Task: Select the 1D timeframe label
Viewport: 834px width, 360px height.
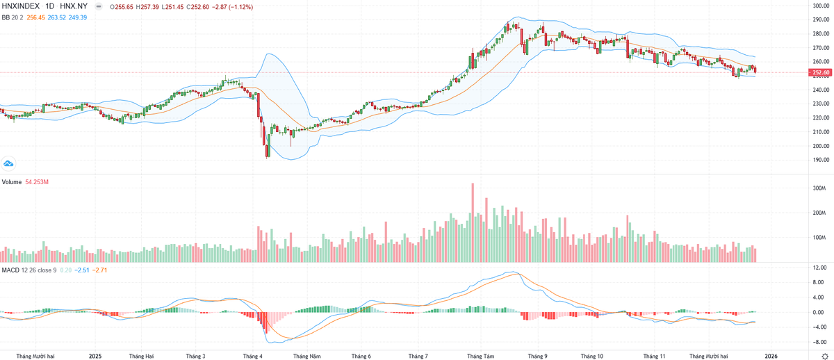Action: tap(51, 6)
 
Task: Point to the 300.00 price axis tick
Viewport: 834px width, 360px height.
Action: tap(822, 6)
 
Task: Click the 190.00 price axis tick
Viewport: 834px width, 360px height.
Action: tap(822, 160)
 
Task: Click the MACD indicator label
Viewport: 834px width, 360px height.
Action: tap(10, 270)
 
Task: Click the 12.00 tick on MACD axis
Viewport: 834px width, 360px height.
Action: tap(819, 268)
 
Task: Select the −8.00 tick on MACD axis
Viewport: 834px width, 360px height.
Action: tap(819, 342)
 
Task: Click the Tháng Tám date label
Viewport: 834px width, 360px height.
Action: tap(481, 355)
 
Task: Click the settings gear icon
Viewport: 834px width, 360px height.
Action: tap(825, 355)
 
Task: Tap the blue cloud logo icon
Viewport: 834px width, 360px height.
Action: tap(9, 163)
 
